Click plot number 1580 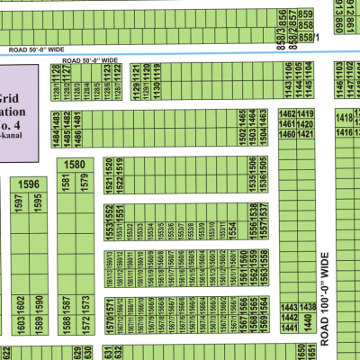[76, 165]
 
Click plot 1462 [287, 113]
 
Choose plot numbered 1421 [306, 134]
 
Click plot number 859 [306, 14]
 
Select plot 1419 [306, 113]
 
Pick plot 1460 [287, 134]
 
